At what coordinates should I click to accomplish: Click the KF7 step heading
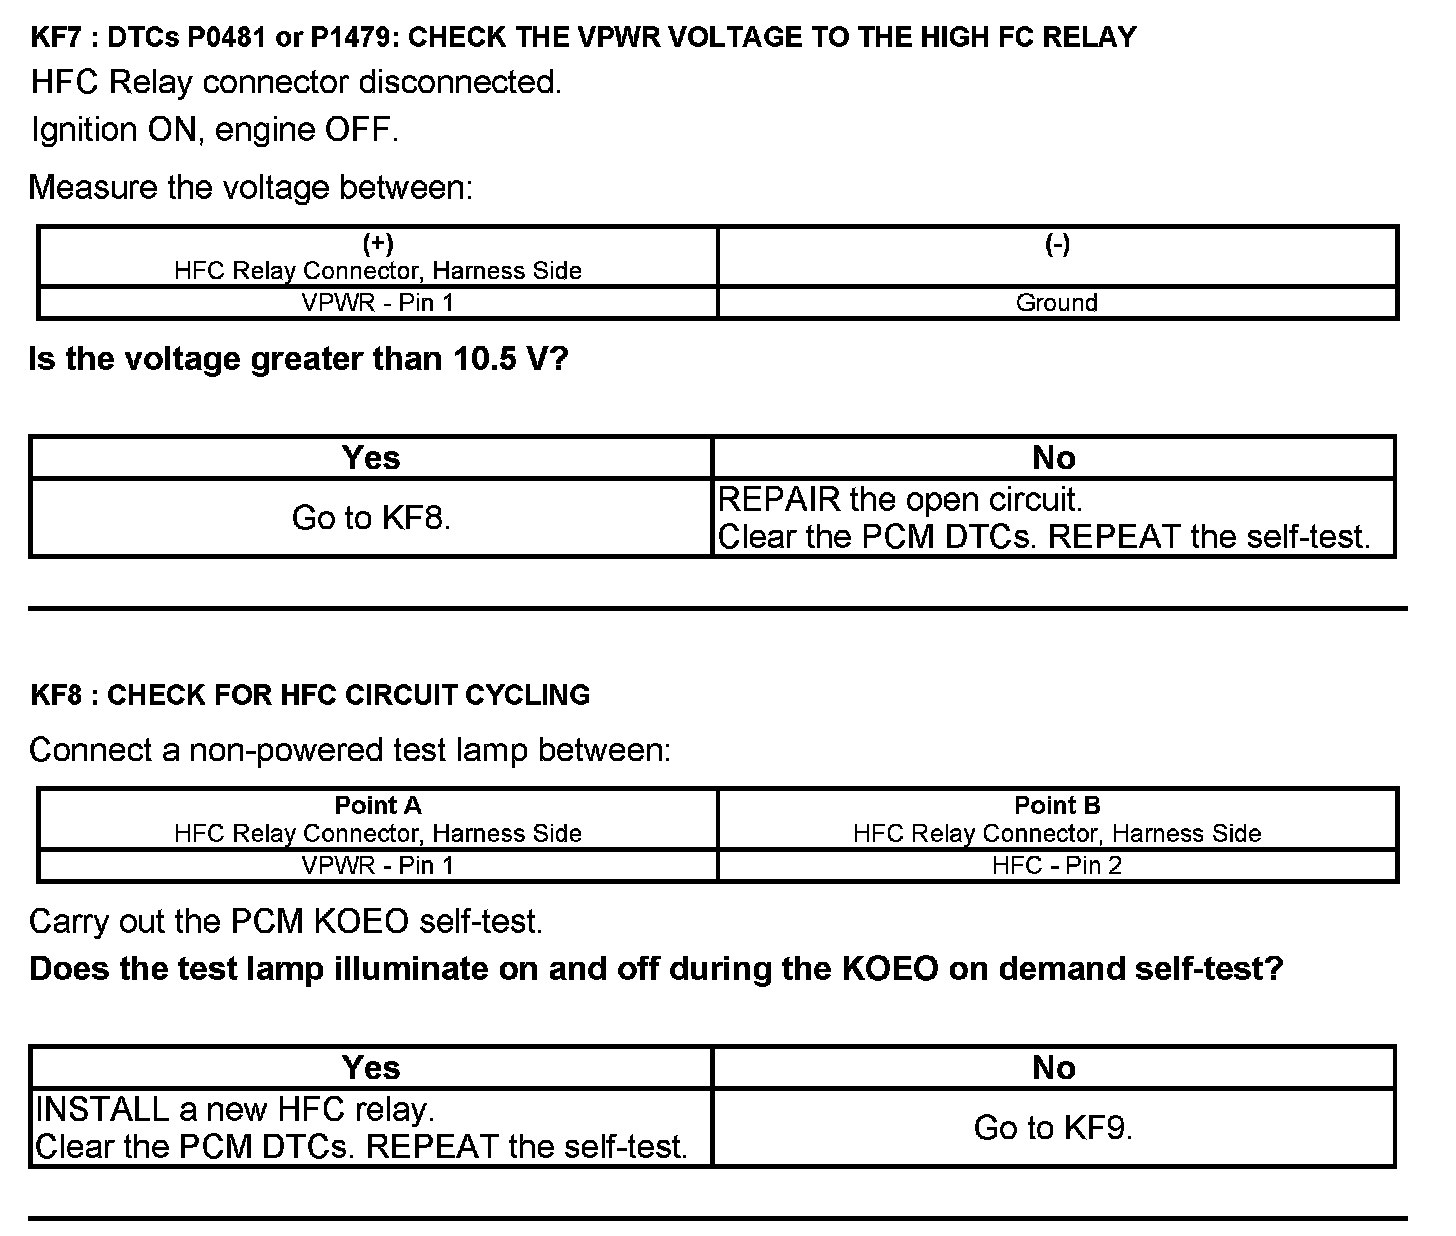[583, 38]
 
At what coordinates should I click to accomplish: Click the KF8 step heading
[310, 695]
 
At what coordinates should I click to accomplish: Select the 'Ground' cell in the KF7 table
[1057, 303]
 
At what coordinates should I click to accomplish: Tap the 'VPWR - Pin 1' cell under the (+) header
[378, 303]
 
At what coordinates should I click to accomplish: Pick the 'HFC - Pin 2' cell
[1057, 866]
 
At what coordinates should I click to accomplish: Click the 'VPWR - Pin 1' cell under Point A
[378, 866]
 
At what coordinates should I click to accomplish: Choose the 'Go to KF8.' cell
[371, 518]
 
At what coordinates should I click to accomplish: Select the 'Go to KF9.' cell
[1053, 1128]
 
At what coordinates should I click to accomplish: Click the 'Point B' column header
[1057, 806]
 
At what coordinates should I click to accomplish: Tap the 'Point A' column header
[378, 806]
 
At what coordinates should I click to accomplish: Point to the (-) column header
[1057, 245]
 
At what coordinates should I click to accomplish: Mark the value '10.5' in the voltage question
[485, 359]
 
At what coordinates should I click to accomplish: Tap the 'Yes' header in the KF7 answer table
[371, 458]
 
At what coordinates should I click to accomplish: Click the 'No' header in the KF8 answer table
[1053, 1068]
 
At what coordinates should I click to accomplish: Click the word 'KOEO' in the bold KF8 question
[890, 969]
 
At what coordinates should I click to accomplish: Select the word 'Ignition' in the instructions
[84, 130]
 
